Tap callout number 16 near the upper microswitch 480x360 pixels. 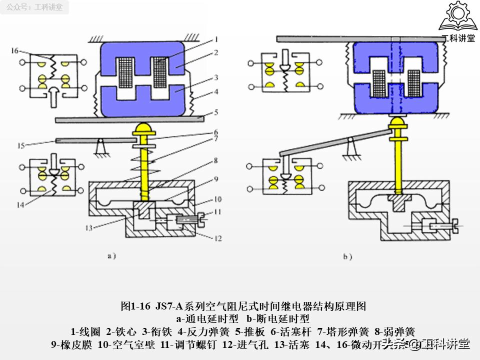pyautogui.click(x=14, y=50)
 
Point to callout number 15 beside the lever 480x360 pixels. pyautogui.click(x=20, y=146)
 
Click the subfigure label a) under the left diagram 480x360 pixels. pyautogui.click(x=111, y=256)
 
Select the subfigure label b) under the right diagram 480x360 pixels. pyautogui.click(x=347, y=257)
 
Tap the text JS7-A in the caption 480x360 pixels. pyautogui.click(x=168, y=306)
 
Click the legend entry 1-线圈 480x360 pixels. pyautogui.click(x=86, y=331)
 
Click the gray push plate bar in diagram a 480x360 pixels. pyautogui.click(x=130, y=118)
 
